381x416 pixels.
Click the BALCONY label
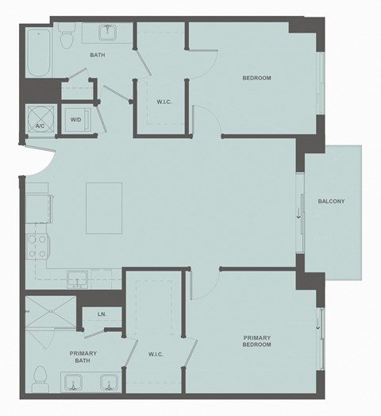point(331,201)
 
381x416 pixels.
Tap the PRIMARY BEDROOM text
point(256,341)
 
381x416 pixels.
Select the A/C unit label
point(40,125)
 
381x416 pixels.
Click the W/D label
point(76,120)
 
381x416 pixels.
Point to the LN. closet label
point(102,314)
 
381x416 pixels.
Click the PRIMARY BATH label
point(83,356)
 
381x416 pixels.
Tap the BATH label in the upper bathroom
point(98,56)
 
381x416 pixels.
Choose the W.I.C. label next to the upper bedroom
point(165,101)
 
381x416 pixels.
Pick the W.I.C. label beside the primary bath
point(156,354)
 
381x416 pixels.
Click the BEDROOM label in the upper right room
point(256,78)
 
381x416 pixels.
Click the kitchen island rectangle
point(104,208)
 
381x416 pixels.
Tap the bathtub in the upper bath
point(38,52)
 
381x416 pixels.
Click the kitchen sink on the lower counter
point(78,278)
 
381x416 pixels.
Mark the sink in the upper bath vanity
point(108,33)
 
